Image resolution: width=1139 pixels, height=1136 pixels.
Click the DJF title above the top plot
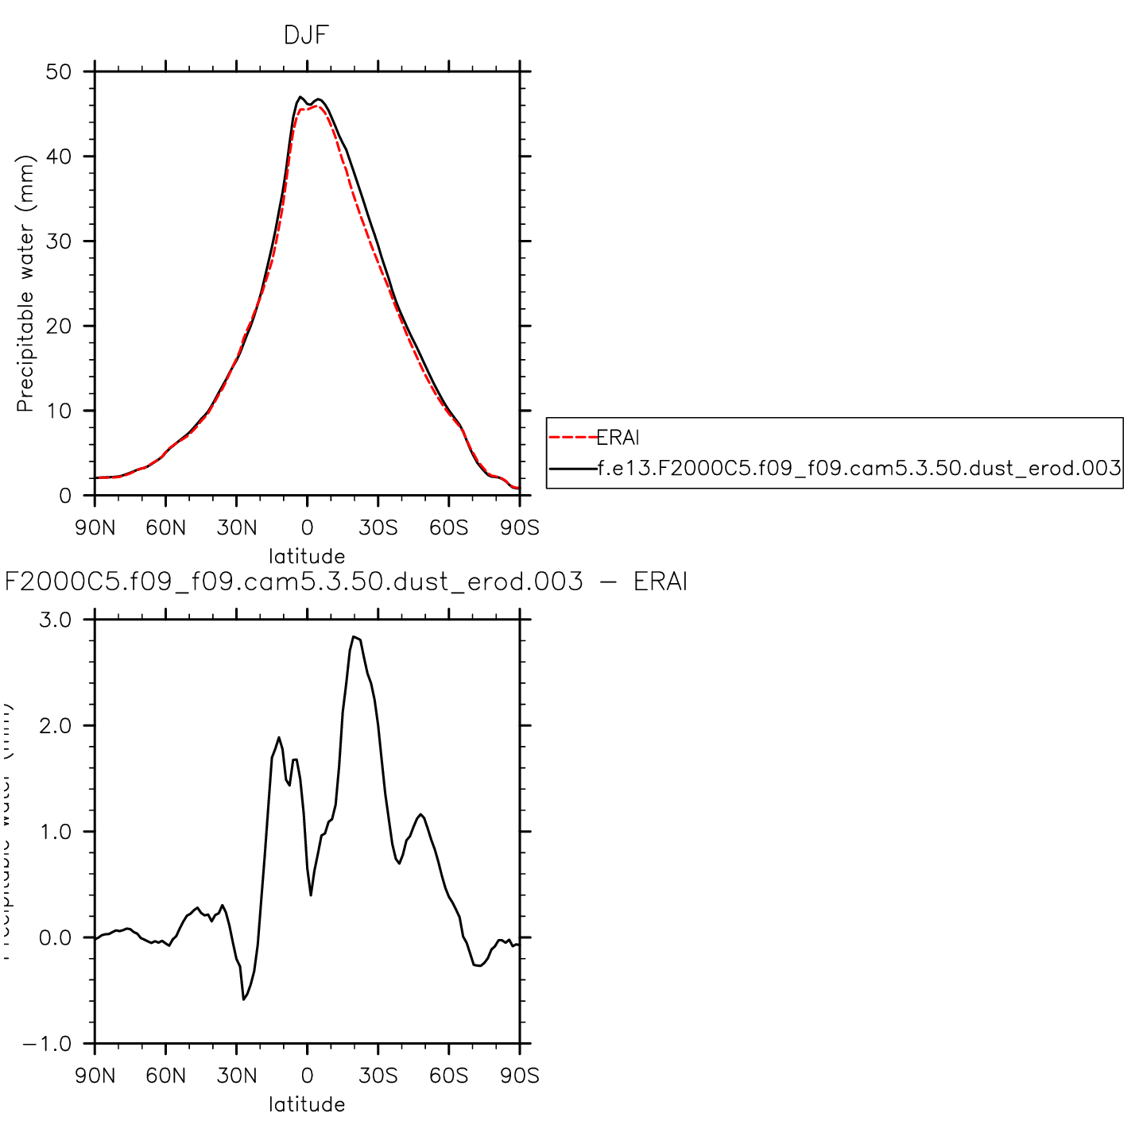click(306, 35)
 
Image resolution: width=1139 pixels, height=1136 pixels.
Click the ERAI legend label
click(618, 438)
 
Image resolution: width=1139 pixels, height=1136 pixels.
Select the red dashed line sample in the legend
click(572, 438)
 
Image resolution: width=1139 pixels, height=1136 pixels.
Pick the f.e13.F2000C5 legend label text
click(858, 469)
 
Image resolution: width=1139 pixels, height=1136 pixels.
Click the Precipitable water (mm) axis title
click(26, 284)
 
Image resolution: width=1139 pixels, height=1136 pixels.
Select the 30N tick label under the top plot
click(237, 528)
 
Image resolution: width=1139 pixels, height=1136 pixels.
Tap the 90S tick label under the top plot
click(520, 528)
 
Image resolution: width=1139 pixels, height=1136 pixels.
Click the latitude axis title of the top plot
click(307, 556)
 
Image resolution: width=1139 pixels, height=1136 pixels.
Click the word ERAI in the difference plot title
click(660, 582)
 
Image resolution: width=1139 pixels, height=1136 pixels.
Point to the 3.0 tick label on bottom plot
click(55, 620)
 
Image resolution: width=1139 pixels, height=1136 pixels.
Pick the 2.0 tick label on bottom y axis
click(55, 726)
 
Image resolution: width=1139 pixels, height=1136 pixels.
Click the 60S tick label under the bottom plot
click(449, 1076)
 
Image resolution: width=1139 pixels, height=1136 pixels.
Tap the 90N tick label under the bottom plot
click(95, 1076)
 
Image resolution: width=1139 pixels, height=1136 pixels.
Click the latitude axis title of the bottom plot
click(307, 1104)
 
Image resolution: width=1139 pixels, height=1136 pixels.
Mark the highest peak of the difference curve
click(354, 636)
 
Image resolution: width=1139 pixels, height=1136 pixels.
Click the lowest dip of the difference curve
click(243, 999)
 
